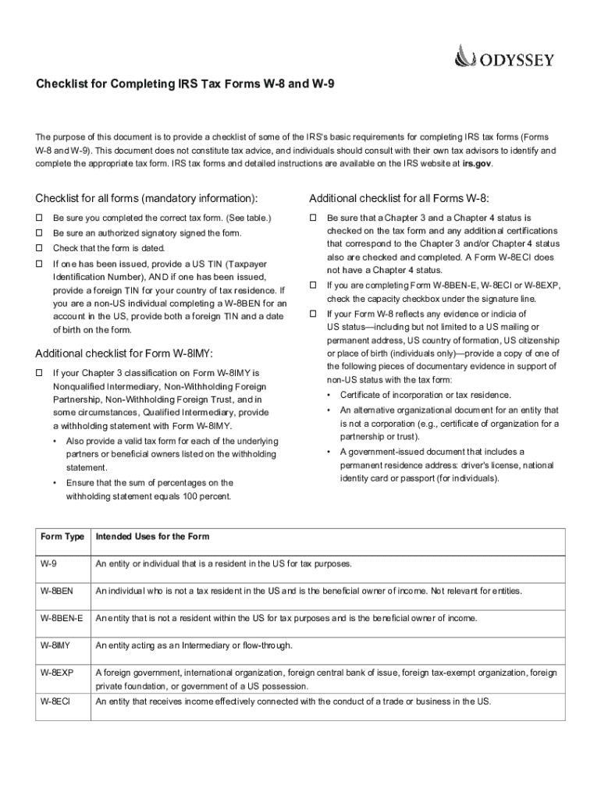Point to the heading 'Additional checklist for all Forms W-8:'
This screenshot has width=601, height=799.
click(x=399, y=197)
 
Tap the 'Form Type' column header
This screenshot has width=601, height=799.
click(x=62, y=537)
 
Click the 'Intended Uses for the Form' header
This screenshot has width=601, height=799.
click(x=152, y=537)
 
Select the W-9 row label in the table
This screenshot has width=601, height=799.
click(x=49, y=563)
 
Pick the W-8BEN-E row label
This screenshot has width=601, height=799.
click(x=62, y=618)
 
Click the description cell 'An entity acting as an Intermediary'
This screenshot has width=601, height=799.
click(x=194, y=645)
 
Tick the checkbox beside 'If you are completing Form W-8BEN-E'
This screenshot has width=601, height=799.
click(x=313, y=286)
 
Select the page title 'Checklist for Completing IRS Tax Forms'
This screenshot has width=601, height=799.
click(x=184, y=83)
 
